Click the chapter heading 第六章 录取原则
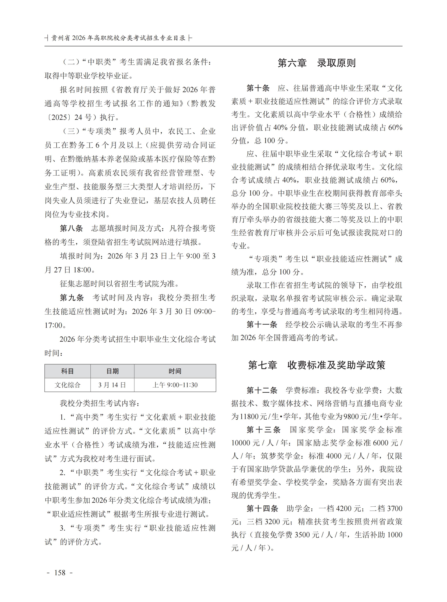click(316, 63)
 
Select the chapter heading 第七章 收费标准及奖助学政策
click(316, 365)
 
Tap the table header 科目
click(67, 371)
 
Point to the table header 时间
click(175, 371)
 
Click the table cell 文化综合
click(67, 385)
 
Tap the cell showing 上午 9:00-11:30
click(175, 385)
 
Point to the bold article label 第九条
click(72, 298)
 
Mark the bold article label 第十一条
click(262, 325)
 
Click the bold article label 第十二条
click(262, 390)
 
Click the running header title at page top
click(118, 38)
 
